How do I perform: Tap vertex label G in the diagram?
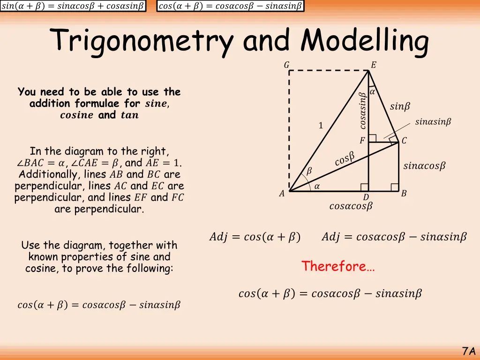click(x=286, y=65)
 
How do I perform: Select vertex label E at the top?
click(x=373, y=65)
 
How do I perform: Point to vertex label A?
click(x=282, y=194)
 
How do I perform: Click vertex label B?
click(x=404, y=194)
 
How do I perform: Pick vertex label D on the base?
click(x=366, y=198)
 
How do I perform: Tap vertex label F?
click(x=362, y=141)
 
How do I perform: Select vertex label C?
click(x=404, y=141)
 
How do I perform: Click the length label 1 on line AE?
click(x=321, y=126)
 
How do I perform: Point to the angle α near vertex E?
click(x=372, y=92)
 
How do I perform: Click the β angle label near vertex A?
click(x=308, y=172)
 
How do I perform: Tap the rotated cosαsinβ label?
click(x=362, y=111)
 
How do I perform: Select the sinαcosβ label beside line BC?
click(x=424, y=166)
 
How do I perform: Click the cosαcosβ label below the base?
click(x=351, y=206)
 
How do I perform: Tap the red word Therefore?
click(x=337, y=266)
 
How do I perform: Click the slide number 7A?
click(x=468, y=351)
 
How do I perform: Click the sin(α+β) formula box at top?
click(x=73, y=6)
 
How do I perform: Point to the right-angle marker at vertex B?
click(x=395, y=187)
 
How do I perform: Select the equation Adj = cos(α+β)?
click(x=255, y=237)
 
